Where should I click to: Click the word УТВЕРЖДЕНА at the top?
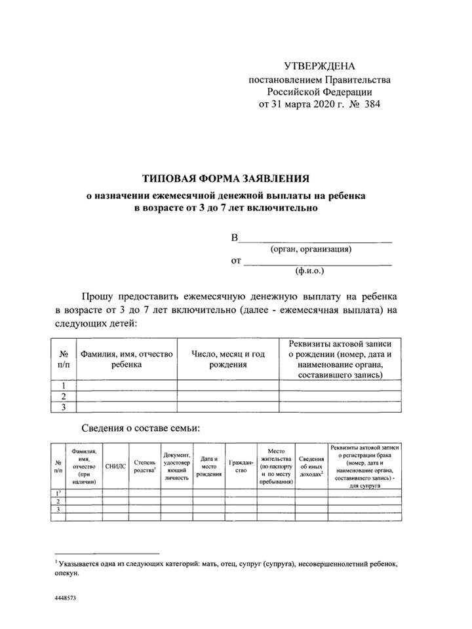319,66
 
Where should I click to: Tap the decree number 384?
370,104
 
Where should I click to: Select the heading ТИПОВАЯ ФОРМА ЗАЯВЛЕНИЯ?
226,178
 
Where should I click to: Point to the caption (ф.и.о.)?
310,269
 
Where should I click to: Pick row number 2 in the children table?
64,396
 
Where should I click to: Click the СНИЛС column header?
115,466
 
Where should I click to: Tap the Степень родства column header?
144,466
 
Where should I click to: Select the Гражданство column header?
241,466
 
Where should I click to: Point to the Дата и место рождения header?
209,466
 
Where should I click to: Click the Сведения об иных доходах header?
311,466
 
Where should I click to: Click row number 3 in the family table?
59,508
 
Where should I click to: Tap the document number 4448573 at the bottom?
66,599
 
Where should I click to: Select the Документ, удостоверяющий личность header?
177,466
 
